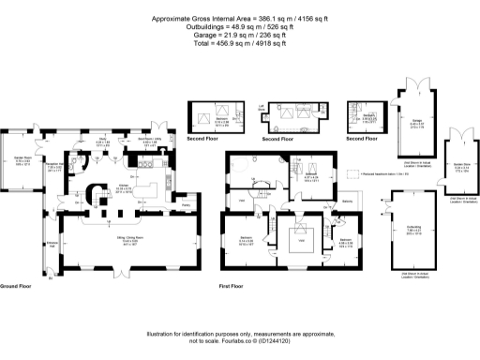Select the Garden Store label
point(460,169)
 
